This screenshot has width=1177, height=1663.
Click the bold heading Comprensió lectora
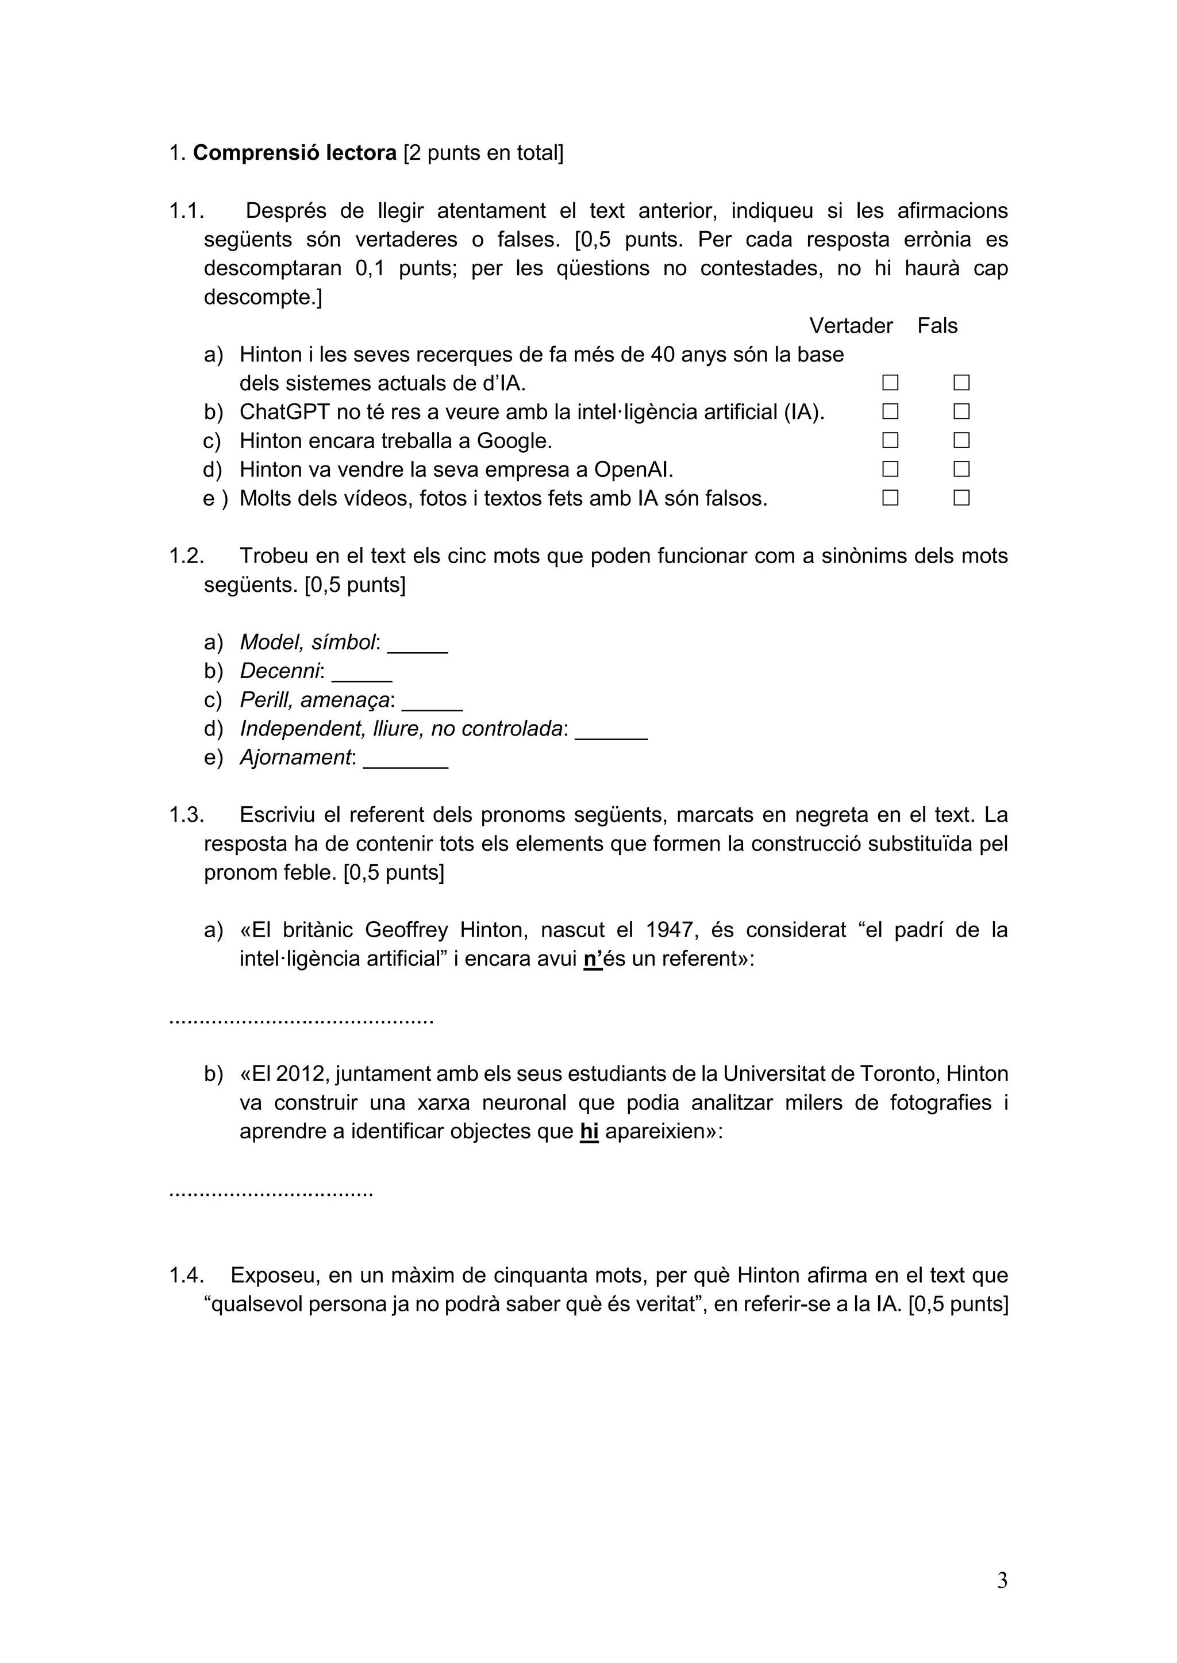(x=294, y=153)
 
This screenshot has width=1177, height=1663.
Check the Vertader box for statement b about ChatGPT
(x=890, y=411)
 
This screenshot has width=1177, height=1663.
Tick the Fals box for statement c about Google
(x=961, y=441)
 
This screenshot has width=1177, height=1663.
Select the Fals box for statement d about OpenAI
(x=961, y=469)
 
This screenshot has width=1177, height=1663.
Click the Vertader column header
(x=851, y=326)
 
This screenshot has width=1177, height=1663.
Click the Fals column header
(x=937, y=326)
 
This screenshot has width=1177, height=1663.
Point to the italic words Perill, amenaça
(x=316, y=700)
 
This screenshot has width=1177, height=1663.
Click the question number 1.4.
(x=186, y=1275)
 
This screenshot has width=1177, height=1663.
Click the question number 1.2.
(x=186, y=556)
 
